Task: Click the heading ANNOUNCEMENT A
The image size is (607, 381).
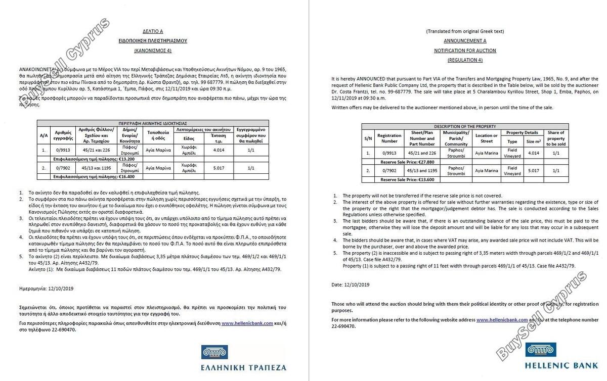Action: (x=465, y=41)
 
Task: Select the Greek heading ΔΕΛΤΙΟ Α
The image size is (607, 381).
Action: (x=159, y=31)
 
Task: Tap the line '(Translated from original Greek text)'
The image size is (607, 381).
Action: (x=465, y=31)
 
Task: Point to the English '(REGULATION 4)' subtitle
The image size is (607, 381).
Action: (x=465, y=60)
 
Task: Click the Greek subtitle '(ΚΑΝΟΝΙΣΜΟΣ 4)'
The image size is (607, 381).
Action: (x=159, y=51)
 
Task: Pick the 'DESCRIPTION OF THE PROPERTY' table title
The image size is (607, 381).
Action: (x=465, y=126)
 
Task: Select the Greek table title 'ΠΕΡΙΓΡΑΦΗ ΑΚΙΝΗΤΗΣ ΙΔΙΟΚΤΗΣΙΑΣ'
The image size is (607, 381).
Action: (x=153, y=123)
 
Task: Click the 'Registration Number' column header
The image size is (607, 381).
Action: (x=389, y=138)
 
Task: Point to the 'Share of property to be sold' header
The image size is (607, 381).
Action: (x=555, y=138)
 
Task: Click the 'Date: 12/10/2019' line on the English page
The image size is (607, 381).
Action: (x=351, y=284)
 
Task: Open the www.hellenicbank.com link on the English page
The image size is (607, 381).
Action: (x=502, y=320)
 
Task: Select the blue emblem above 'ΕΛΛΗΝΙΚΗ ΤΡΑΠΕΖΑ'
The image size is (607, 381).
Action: (x=214, y=352)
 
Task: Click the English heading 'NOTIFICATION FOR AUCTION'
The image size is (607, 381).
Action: (x=465, y=51)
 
